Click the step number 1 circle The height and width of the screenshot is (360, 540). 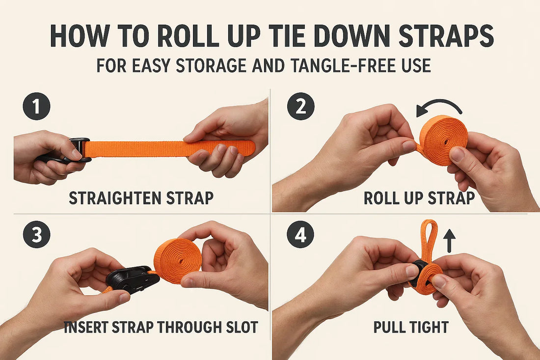point(36,107)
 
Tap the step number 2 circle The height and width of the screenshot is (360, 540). point(300,107)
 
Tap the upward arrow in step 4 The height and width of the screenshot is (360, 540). point(449,241)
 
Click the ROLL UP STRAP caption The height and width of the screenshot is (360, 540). point(419,198)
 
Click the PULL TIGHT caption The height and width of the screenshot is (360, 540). point(410,327)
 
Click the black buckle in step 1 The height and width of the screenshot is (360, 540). point(79,150)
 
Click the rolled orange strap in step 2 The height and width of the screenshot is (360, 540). point(443,139)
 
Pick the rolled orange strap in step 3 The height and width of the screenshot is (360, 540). point(177,261)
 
